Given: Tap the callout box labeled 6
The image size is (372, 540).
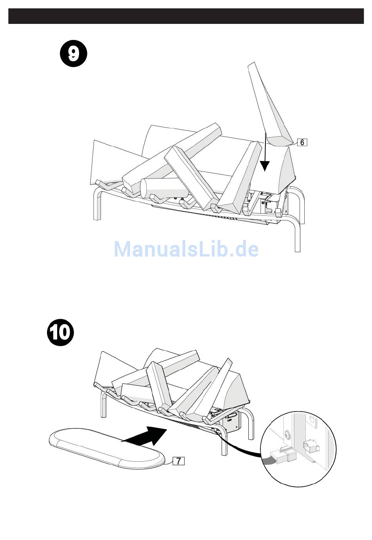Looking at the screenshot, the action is click(302, 142).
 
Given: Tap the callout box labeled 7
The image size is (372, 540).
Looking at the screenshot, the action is click(178, 461).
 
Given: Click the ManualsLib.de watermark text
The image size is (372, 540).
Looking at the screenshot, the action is click(186, 249).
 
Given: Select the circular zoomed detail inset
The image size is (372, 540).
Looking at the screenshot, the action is click(298, 449).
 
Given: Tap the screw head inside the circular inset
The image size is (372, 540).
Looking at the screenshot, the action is click(288, 434).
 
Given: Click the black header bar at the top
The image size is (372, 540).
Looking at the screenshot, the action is click(186, 16).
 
